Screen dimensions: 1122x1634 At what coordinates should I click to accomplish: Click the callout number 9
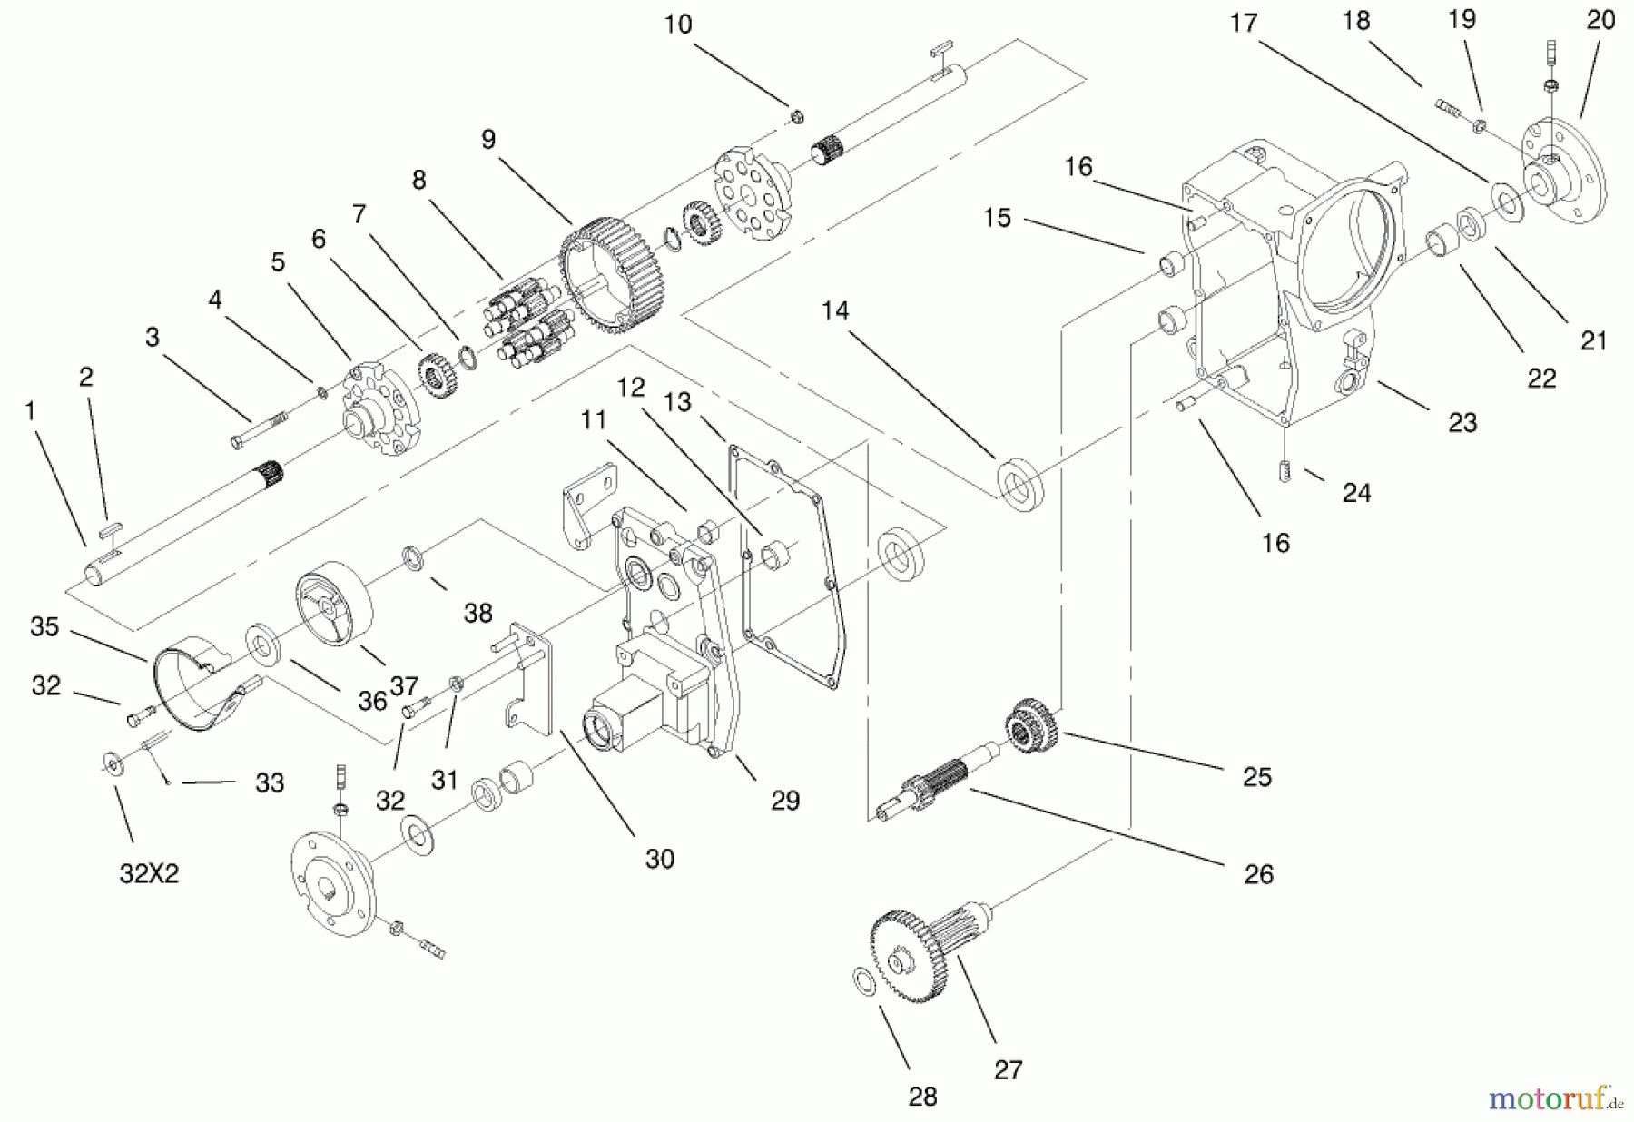488,140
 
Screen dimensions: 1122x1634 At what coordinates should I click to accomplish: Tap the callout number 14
834,311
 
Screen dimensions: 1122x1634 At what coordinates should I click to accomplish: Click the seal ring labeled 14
1020,482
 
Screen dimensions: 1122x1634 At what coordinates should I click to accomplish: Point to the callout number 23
1462,422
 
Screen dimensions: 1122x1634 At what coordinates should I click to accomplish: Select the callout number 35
44,627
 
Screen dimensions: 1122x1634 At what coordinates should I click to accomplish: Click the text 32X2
149,873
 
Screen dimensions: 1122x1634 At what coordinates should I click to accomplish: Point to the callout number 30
660,859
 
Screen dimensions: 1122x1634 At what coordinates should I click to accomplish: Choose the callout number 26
1258,874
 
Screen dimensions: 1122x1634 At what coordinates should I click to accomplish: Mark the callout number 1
30,412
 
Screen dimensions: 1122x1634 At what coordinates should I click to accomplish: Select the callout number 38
477,614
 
